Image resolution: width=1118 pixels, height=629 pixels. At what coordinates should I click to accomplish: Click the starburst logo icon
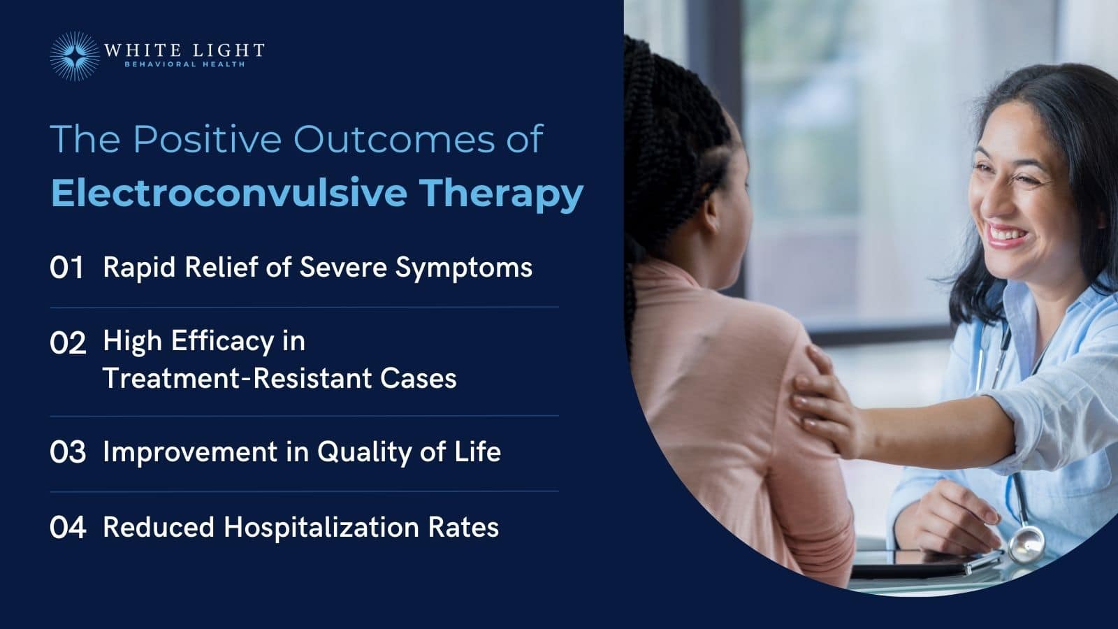point(75,55)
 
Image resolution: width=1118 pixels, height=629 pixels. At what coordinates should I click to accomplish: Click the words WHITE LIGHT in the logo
point(184,50)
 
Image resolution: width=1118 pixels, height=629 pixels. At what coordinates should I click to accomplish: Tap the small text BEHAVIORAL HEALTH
point(184,64)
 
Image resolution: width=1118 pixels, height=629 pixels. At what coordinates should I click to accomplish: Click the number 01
point(67,268)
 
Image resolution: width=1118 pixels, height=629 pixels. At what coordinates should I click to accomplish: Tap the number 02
point(68,343)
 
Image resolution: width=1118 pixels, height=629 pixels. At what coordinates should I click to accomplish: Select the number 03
point(68,452)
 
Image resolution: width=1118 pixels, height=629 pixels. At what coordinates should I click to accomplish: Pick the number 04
point(68,528)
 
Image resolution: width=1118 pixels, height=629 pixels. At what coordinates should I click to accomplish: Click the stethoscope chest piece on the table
point(1025,543)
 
